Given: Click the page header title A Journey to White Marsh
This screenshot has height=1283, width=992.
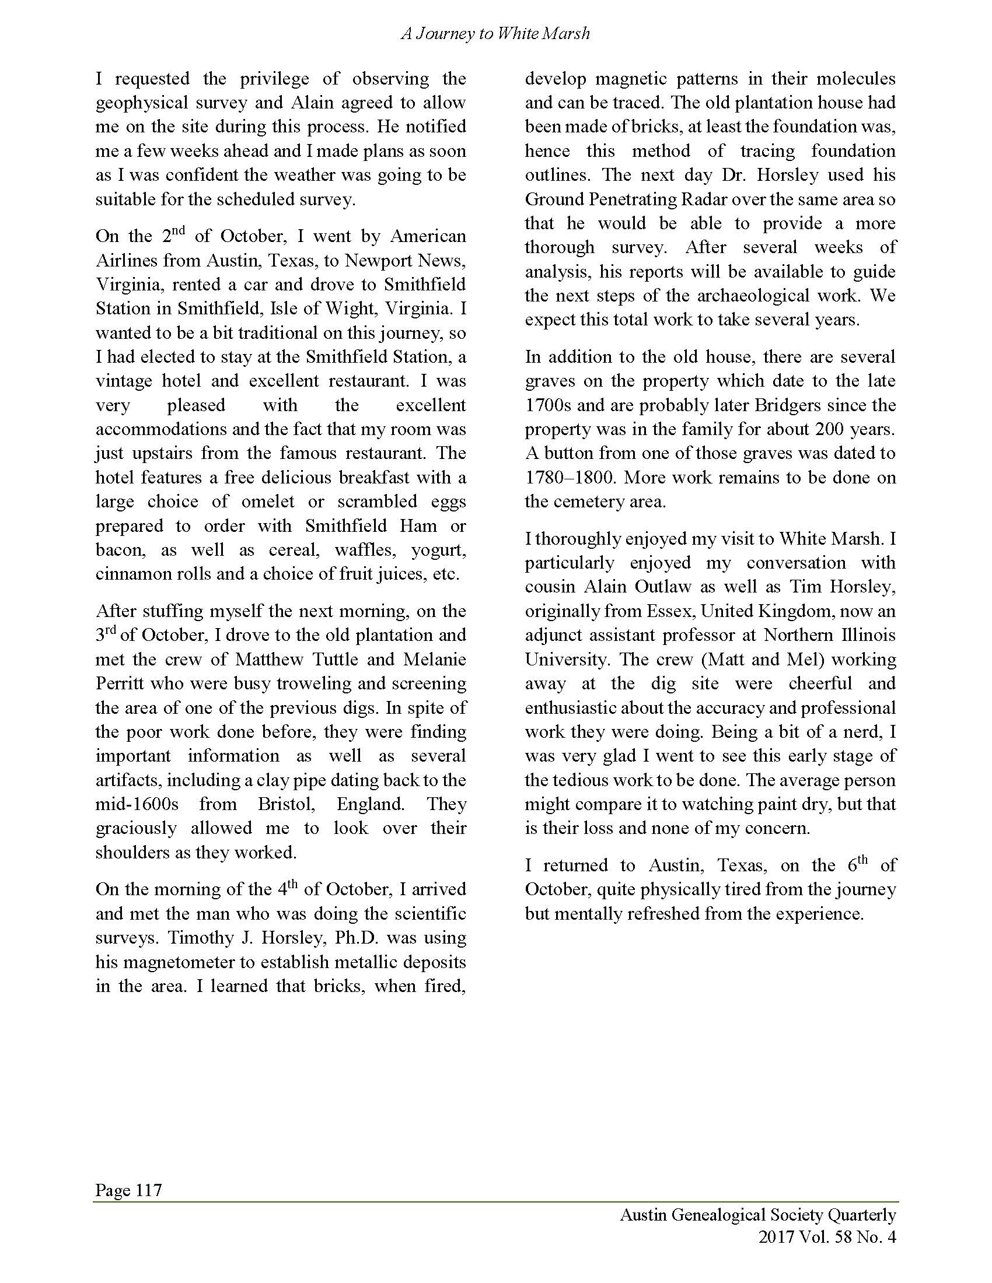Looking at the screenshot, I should tap(495, 34).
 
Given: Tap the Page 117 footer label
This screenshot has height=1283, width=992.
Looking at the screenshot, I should tap(128, 1190).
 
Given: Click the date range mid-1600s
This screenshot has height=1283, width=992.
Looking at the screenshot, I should tap(137, 804).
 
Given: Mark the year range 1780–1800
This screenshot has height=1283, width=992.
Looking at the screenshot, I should tap(570, 478).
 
